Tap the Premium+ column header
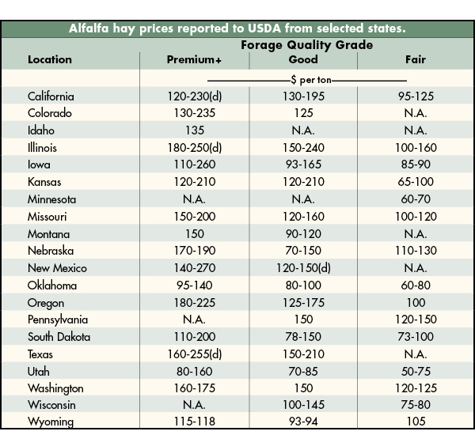point(193,60)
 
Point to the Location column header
point(50,60)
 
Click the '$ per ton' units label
point(306,80)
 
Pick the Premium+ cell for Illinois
point(193,148)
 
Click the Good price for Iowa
point(303,165)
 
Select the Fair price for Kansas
point(415,182)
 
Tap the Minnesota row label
point(51,199)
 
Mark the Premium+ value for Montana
point(193,234)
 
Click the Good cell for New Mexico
point(303,268)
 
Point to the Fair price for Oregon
point(415,303)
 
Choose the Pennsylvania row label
point(58,320)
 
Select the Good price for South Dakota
point(303,337)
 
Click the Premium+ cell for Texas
point(193,354)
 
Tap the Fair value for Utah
point(415,372)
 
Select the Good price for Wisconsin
point(303,406)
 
